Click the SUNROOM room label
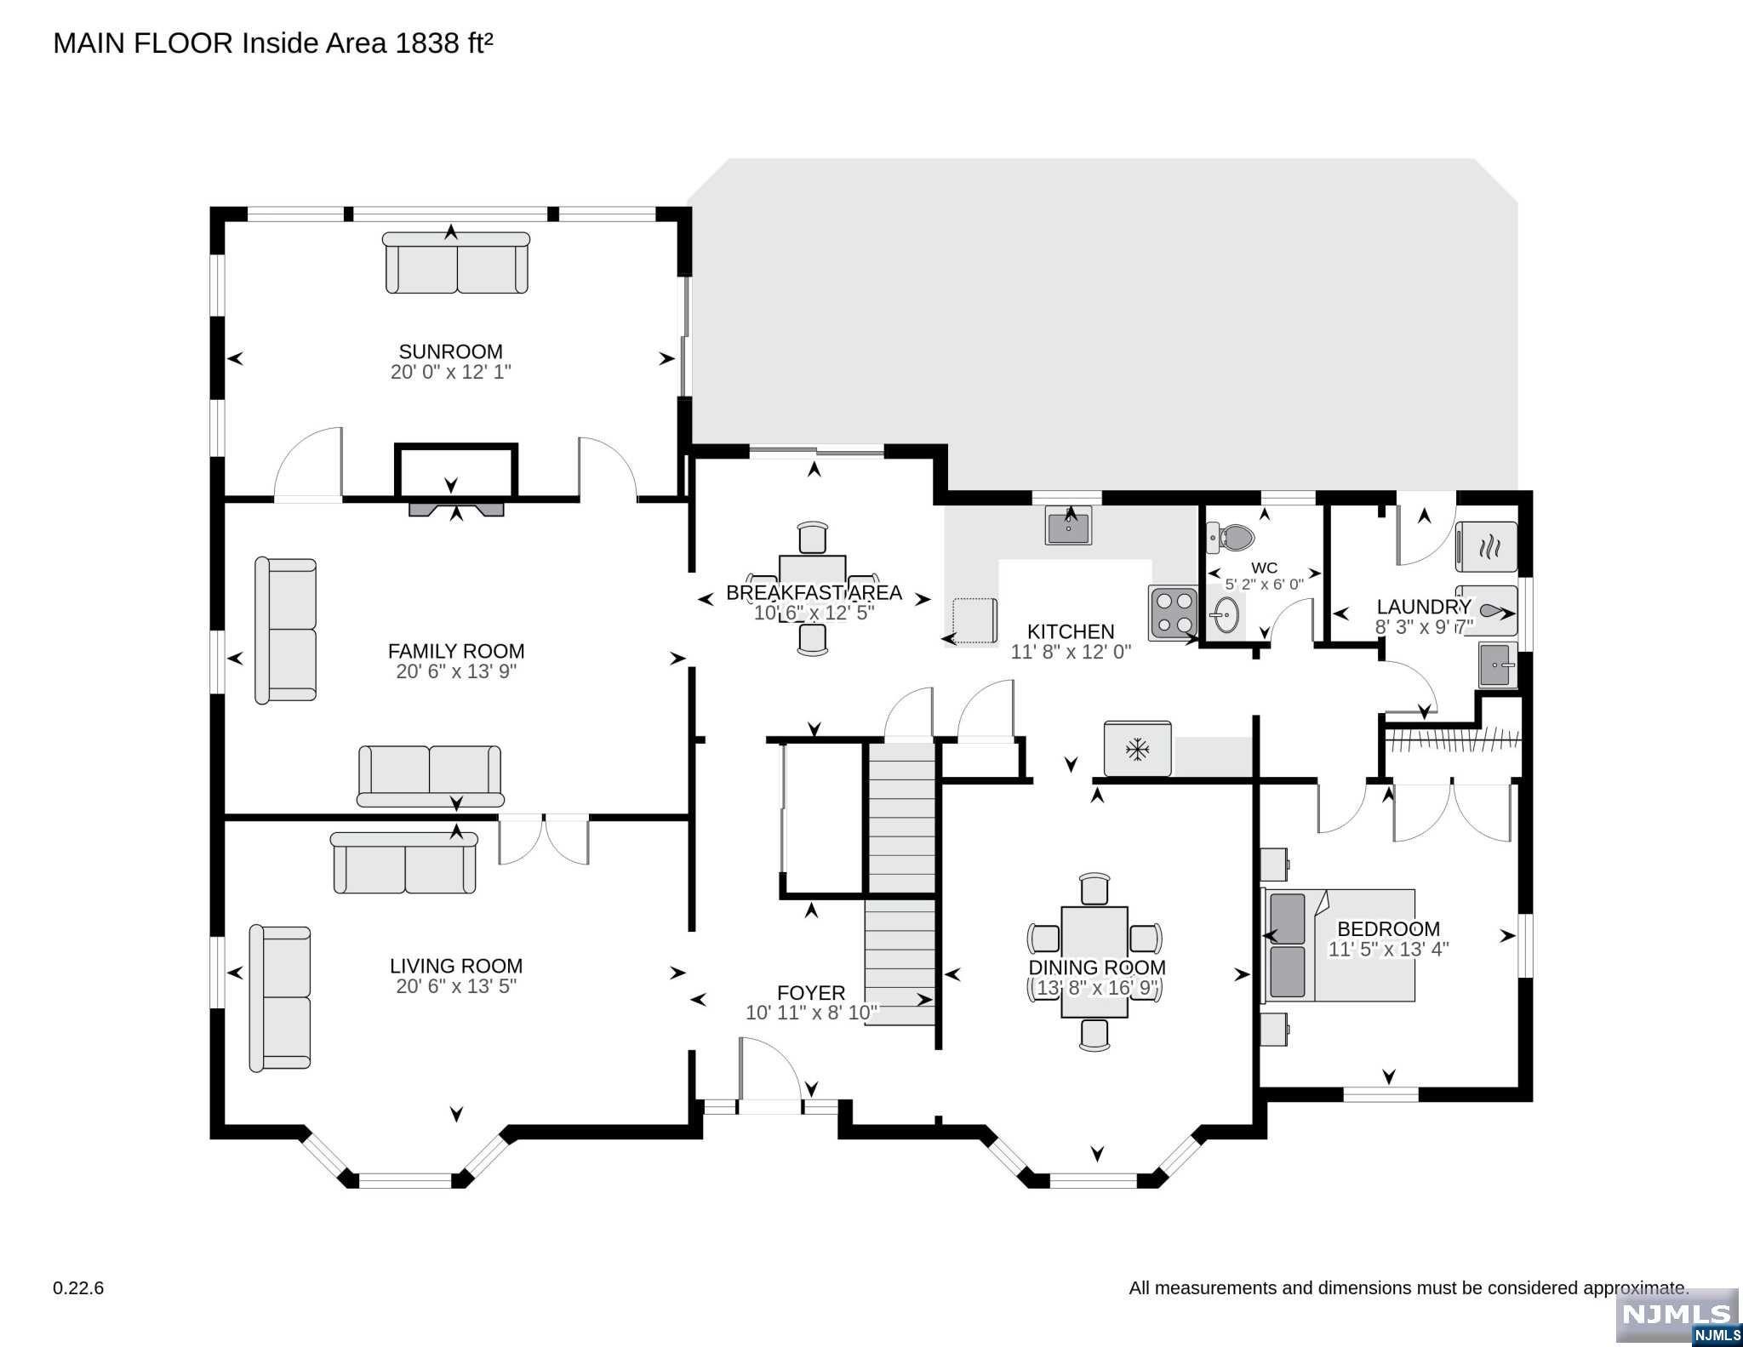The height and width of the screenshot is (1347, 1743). click(x=450, y=351)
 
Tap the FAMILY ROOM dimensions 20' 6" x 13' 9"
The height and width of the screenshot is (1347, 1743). click(x=456, y=671)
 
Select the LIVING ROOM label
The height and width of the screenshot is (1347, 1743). click(x=456, y=966)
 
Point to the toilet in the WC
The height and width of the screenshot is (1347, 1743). click(x=1231, y=537)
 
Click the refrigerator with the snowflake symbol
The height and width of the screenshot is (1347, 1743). click(x=1137, y=750)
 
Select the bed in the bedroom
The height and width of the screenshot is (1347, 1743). click(x=1338, y=945)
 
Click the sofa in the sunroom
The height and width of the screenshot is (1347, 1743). click(x=456, y=263)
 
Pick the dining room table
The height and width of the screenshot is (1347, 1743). click(x=1094, y=962)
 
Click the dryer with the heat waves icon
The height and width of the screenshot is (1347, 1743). click(x=1487, y=547)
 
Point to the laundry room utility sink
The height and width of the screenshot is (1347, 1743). click(x=1498, y=664)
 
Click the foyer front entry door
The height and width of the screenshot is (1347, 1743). click(x=770, y=1106)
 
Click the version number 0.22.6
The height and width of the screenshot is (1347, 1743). click(x=78, y=1288)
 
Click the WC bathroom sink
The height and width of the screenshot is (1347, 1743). click(x=1226, y=615)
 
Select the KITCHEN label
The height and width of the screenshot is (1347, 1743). click(x=1071, y=631)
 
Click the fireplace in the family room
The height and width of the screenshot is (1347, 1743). click(x=456, y=509)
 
